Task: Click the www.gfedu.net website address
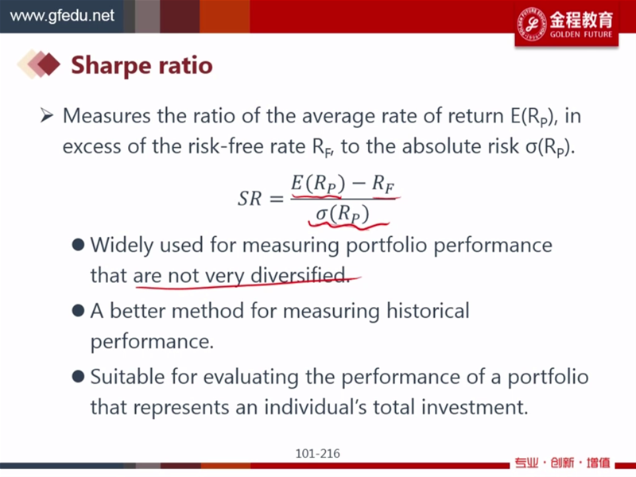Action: point(62,16)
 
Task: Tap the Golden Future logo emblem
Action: point(531,25)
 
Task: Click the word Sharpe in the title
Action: point(107,66)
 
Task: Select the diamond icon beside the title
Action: point(39,64)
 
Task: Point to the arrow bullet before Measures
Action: point(47,115)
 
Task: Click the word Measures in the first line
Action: point(107,115)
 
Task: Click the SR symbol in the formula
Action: point(250,199)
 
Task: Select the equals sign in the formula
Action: point(276,200)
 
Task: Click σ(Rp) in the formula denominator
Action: point(343,213)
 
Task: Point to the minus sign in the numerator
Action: point(359,183)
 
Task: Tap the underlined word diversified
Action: point(300,275)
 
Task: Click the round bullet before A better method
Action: point(78,311)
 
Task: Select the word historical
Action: point(428,311)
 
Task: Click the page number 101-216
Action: point(317,453)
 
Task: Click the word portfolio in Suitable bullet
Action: point(548,377)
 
